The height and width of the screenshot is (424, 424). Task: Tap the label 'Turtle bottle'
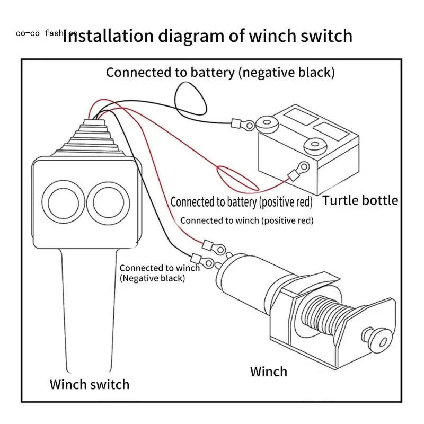(360, 200)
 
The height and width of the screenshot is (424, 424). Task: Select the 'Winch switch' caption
(89, 384)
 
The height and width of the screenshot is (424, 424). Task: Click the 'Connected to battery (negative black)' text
(220, 72)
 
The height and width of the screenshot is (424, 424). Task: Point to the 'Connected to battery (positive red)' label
(241, 202)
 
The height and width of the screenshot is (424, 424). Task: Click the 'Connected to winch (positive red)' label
(246, 220)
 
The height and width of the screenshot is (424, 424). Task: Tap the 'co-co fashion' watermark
(47, 33)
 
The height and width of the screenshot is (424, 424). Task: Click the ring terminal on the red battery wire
(299, 171)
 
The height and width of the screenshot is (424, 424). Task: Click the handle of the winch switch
(90, 313)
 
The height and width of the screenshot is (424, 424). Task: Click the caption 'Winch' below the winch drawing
(269, 371)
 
